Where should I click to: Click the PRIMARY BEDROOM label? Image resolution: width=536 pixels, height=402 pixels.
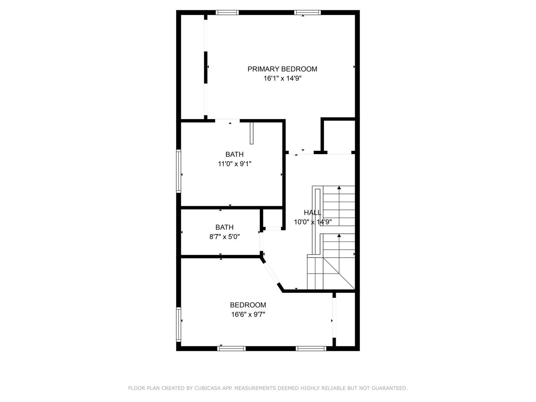click(282, 69)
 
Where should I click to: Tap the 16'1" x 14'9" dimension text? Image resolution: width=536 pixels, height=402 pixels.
click(282, 79)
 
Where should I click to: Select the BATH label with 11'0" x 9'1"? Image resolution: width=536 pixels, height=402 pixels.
click(234, 154)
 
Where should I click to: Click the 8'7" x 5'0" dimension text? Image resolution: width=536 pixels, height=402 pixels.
click(224, 236)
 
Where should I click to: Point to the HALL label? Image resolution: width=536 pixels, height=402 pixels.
click(312, 213)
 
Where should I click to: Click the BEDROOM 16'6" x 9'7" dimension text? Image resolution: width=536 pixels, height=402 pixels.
click(248, 315)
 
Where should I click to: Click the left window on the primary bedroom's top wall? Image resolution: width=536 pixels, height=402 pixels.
click(227, 13)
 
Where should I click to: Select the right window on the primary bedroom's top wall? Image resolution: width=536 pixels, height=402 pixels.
click(307, 13)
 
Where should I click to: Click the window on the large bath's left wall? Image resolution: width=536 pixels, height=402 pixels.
click(179, 171)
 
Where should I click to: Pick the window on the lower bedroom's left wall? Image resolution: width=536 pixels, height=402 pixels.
click(179, 325)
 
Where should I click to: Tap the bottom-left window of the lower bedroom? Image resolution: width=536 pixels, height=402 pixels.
click(232, 348)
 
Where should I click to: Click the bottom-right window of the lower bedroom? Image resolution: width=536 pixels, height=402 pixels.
click(311, 348)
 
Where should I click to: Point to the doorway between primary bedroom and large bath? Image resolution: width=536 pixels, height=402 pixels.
click(227, 121)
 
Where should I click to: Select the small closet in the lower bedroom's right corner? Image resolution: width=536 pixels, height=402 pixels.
click(345, 320)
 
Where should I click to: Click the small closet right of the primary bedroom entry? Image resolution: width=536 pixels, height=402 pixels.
click(338, 136)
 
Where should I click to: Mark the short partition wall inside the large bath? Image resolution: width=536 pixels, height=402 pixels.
click(252, 133)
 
